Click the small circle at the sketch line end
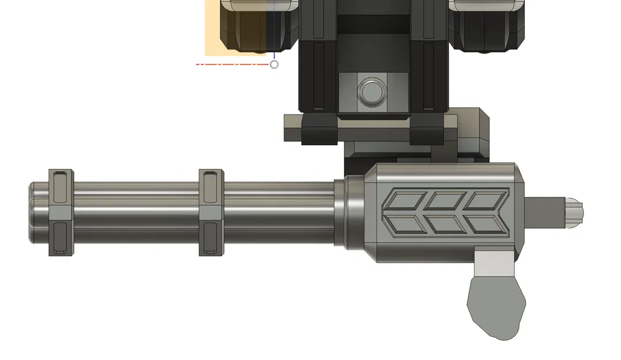click(x=274, y=65)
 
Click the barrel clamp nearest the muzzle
click(x=60, y=213)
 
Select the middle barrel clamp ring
click(x=211, y=213)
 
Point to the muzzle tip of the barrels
click(x=32, y=213)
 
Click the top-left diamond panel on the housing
click(x=404, y=201)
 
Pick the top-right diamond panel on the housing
click(x=486, y=201)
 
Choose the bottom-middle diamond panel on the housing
click(x=445, y=223)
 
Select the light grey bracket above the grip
click(x=493, y=263)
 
